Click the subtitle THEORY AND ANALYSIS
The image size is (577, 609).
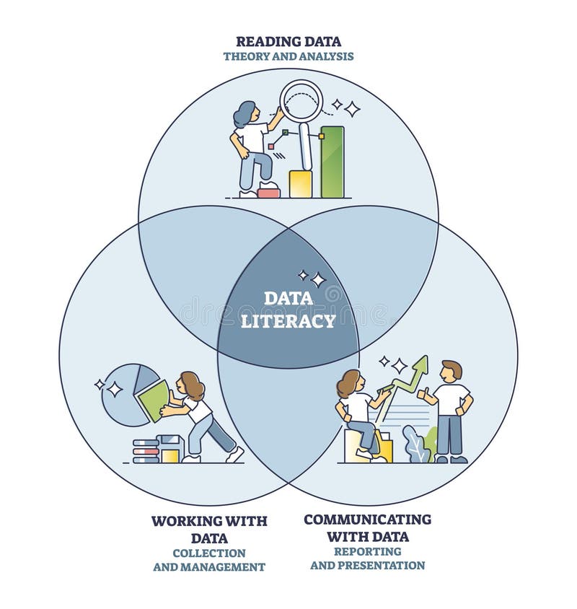[288, 56]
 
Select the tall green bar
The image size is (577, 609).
[332, 162]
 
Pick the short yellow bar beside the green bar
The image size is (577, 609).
[300, 184]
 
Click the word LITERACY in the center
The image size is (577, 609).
[288, 320]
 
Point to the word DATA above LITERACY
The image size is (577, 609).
[288, 298]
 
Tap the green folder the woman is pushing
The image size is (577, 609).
[154, 400]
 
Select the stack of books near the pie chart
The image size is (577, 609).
[146, 450]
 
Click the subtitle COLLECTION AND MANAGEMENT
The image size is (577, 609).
[209, 560]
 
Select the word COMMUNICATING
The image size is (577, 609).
[367, 520]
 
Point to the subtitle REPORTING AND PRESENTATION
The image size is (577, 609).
[367, 558]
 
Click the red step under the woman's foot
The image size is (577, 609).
[268, 191]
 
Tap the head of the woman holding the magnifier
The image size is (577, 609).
[245, 113]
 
